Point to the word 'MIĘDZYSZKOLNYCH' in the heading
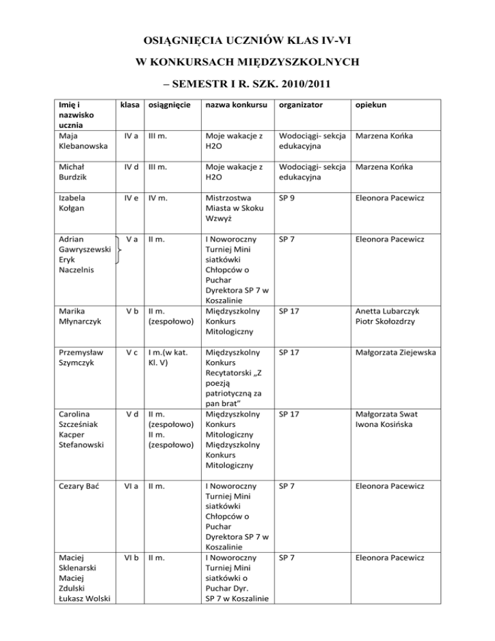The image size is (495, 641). coord(291,63)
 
